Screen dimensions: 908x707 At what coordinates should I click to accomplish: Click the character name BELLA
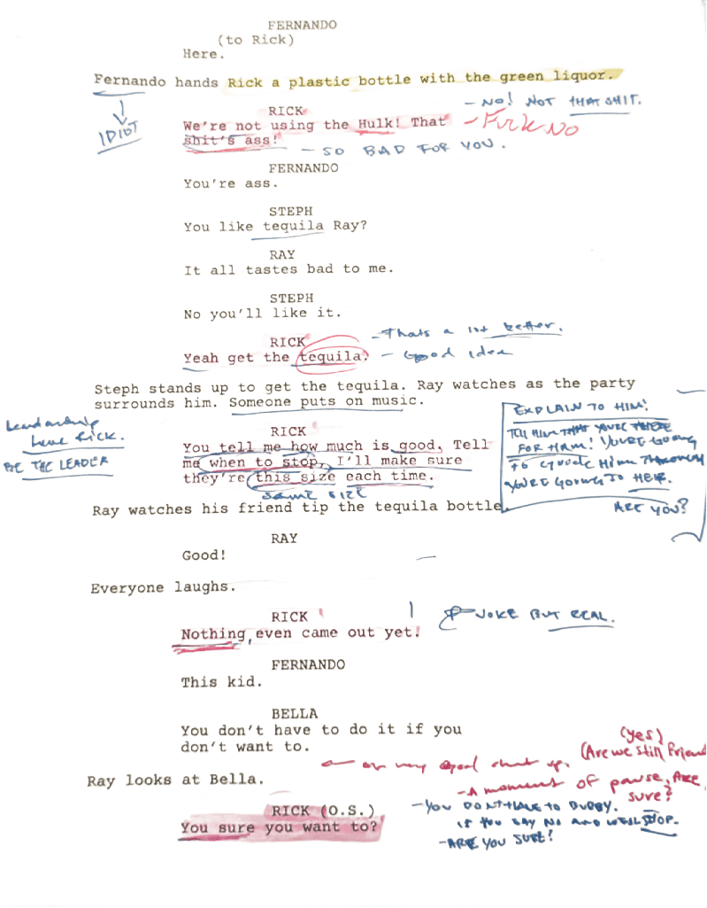tap(295, 713)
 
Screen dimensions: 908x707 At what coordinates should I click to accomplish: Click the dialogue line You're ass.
tap(230, 184)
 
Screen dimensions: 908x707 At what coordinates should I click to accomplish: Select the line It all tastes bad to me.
tap(288, 269)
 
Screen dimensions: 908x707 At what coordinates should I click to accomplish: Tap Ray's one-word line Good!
tap(204, 556)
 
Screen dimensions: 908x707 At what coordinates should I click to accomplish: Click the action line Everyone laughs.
tap(158, 587)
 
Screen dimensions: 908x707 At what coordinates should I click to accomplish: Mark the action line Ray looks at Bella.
tap(175, 780)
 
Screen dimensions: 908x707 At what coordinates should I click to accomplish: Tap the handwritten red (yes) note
tap(638, 735)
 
